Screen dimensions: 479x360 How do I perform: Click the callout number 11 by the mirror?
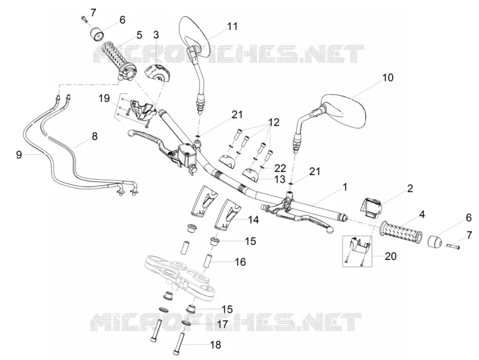point(232,26)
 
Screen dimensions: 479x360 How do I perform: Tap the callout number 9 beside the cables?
point(19,155)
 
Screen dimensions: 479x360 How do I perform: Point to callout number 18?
point(216,345)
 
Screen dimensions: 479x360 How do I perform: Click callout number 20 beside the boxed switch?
point(390,256)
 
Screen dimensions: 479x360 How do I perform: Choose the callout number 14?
point(253,220)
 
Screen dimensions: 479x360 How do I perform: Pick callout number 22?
point(280,168)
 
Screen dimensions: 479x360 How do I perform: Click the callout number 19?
point(104,98)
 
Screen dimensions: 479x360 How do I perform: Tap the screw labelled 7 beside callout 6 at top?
point(84,19)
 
